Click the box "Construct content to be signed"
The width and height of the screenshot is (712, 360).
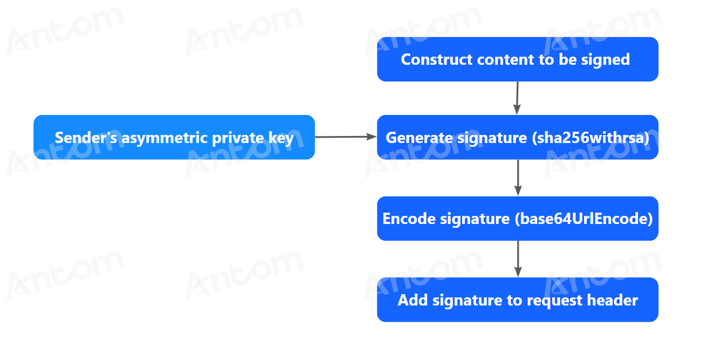[518, 59]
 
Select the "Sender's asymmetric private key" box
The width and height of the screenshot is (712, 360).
[174, 137]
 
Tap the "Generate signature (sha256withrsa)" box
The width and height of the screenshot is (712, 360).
[518, 137]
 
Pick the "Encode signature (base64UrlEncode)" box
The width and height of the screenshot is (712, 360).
[518, 219]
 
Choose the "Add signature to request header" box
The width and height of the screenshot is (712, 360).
[518, 300]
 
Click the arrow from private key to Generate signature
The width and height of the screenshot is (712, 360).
[346, 137]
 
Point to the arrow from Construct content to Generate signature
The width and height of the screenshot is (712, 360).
[517, 98]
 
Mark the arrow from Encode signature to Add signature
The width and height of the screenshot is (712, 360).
[518, 259]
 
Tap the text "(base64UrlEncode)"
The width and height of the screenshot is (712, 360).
[584, 219]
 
